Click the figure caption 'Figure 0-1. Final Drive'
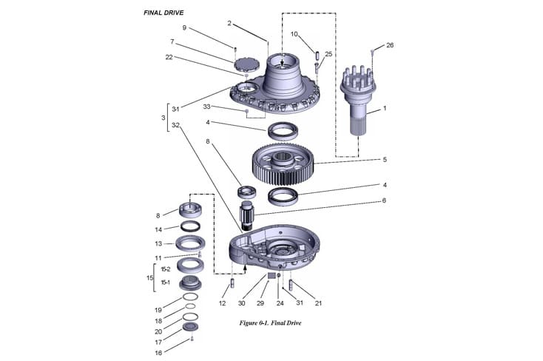coord(271,323)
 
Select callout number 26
coord(390,45)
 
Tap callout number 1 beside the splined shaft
coord(384,109)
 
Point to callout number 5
coord(384,159)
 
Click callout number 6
coord(384,200)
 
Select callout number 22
coord(170,58)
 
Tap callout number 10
coord(294,34)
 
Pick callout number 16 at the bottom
coord(158,353)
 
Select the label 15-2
coord(165,270)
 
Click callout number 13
coord(158,243)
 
